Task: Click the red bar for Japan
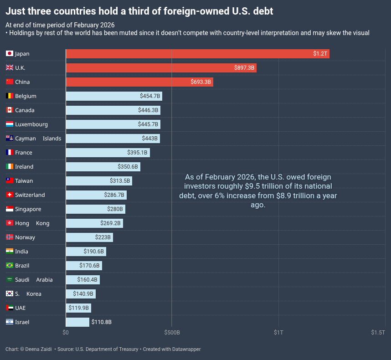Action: click(x=197, y=54)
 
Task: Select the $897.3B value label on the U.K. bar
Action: click(x=244, y=68)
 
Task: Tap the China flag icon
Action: click(x=10, y=82)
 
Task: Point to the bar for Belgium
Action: click(x=114, y=96)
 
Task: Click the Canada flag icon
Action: click(x=10, y=110)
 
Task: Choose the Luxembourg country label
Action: click(x=31, y=124)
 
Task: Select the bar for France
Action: click(x=108, y=153)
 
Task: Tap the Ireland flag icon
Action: click(x=10, y=167)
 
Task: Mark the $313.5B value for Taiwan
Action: click(x=120, y=181)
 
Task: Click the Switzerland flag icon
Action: click(x=10, y=195)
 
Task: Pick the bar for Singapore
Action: click(x=95, y=209)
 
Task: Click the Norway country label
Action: click(x=25, y=237)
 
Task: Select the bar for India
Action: click(x=86, y=252)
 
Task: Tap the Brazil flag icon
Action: click(x=10, y=266)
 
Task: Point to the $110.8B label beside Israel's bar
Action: click(x=101, y=322)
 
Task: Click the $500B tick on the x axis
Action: click(x=172, y=333)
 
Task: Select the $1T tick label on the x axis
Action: click(x=278, y=333)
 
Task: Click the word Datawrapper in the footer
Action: click(x=185, y=349)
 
